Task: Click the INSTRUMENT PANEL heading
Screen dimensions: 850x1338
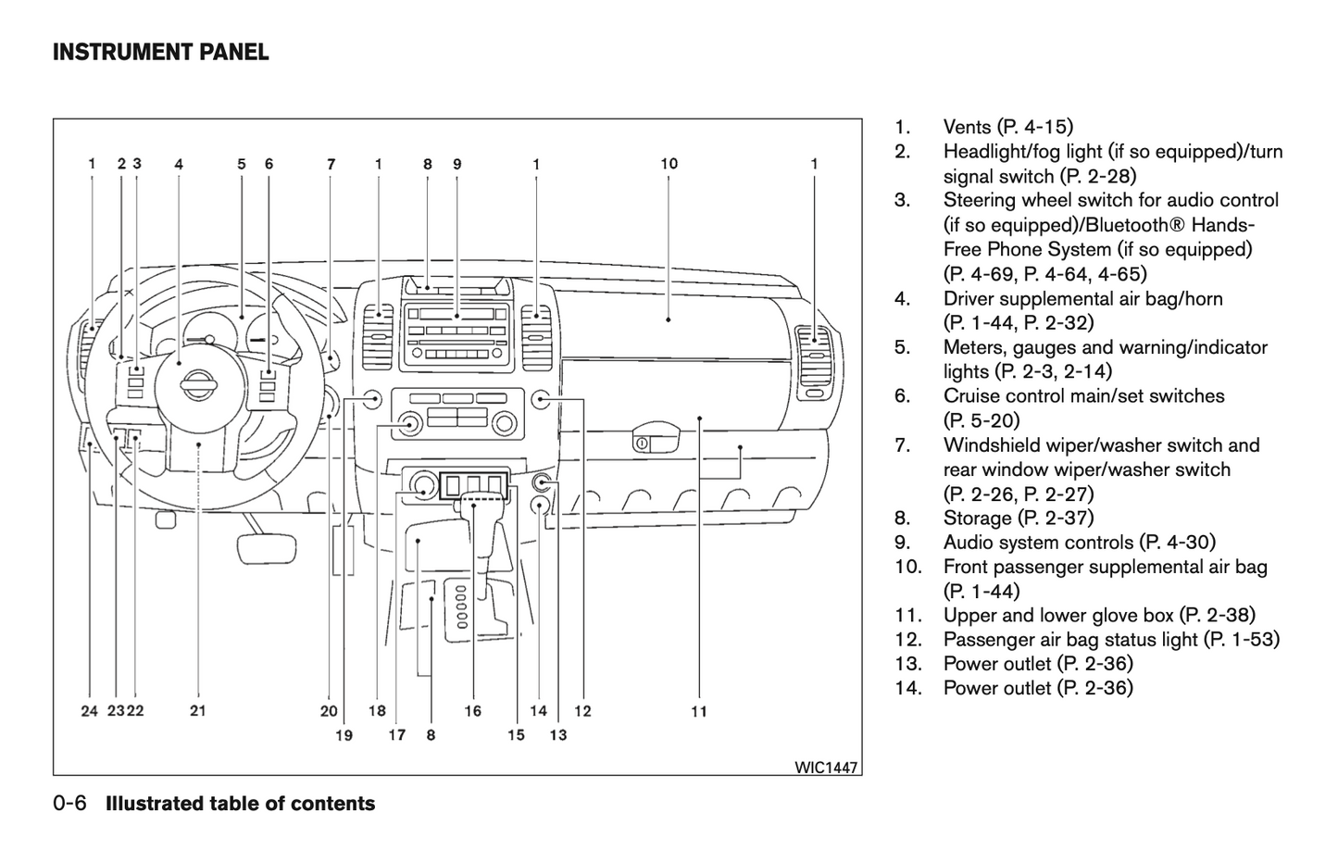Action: click(160, 52)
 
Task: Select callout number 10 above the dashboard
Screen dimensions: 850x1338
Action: click(669, 164)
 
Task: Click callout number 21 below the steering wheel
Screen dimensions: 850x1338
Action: click(198, 711)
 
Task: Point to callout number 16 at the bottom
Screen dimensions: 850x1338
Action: click(473, 711)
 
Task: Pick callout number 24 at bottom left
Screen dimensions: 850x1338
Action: click(89, 711)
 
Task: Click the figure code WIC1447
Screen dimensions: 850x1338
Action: click(826, 768)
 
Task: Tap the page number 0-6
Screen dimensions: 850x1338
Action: click(69, 804)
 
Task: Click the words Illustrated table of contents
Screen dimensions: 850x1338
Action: click(241, 804)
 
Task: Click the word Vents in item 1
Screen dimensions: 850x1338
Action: click(968, 127)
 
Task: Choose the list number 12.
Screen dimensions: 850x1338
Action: click(907, 640)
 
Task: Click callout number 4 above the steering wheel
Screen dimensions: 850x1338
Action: click(179, 165)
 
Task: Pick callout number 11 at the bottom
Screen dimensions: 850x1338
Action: click(699, 711)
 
